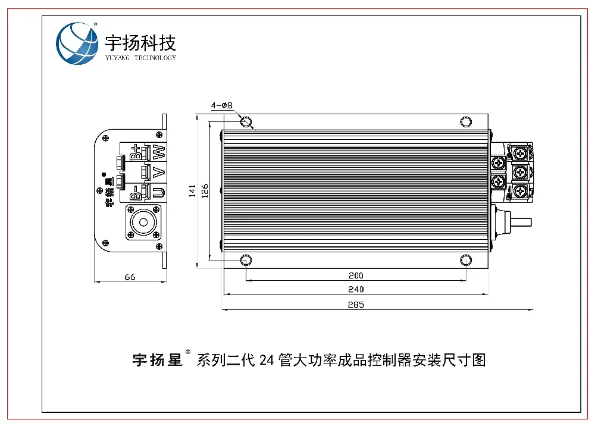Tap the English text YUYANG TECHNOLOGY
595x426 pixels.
(140, 58)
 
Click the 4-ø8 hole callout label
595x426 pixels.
(221, 105)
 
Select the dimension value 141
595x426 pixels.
(192, 191)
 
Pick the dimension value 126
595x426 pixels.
(204, 191)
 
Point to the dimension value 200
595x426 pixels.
(356, 275)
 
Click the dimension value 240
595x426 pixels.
(356, 289)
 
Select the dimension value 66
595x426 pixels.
(130, 277)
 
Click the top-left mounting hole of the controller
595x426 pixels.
(246, 122)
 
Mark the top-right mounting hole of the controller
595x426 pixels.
(466, 122)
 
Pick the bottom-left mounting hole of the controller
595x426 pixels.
(246, 261)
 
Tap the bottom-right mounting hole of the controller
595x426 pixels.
(466, 261)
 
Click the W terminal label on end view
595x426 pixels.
(158, 152)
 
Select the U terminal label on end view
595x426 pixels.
(158, 192)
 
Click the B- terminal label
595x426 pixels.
(136, 192)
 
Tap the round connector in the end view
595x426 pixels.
(143, 223)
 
